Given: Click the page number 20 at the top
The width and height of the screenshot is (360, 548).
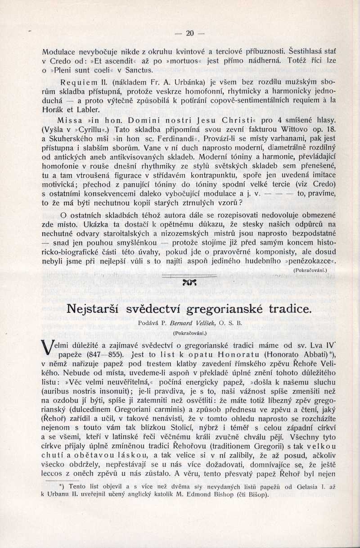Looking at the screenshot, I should coord(189,33).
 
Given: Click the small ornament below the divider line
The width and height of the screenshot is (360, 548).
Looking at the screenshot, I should coord(189,282).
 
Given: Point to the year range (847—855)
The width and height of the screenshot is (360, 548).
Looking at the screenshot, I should coord(101,354).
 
